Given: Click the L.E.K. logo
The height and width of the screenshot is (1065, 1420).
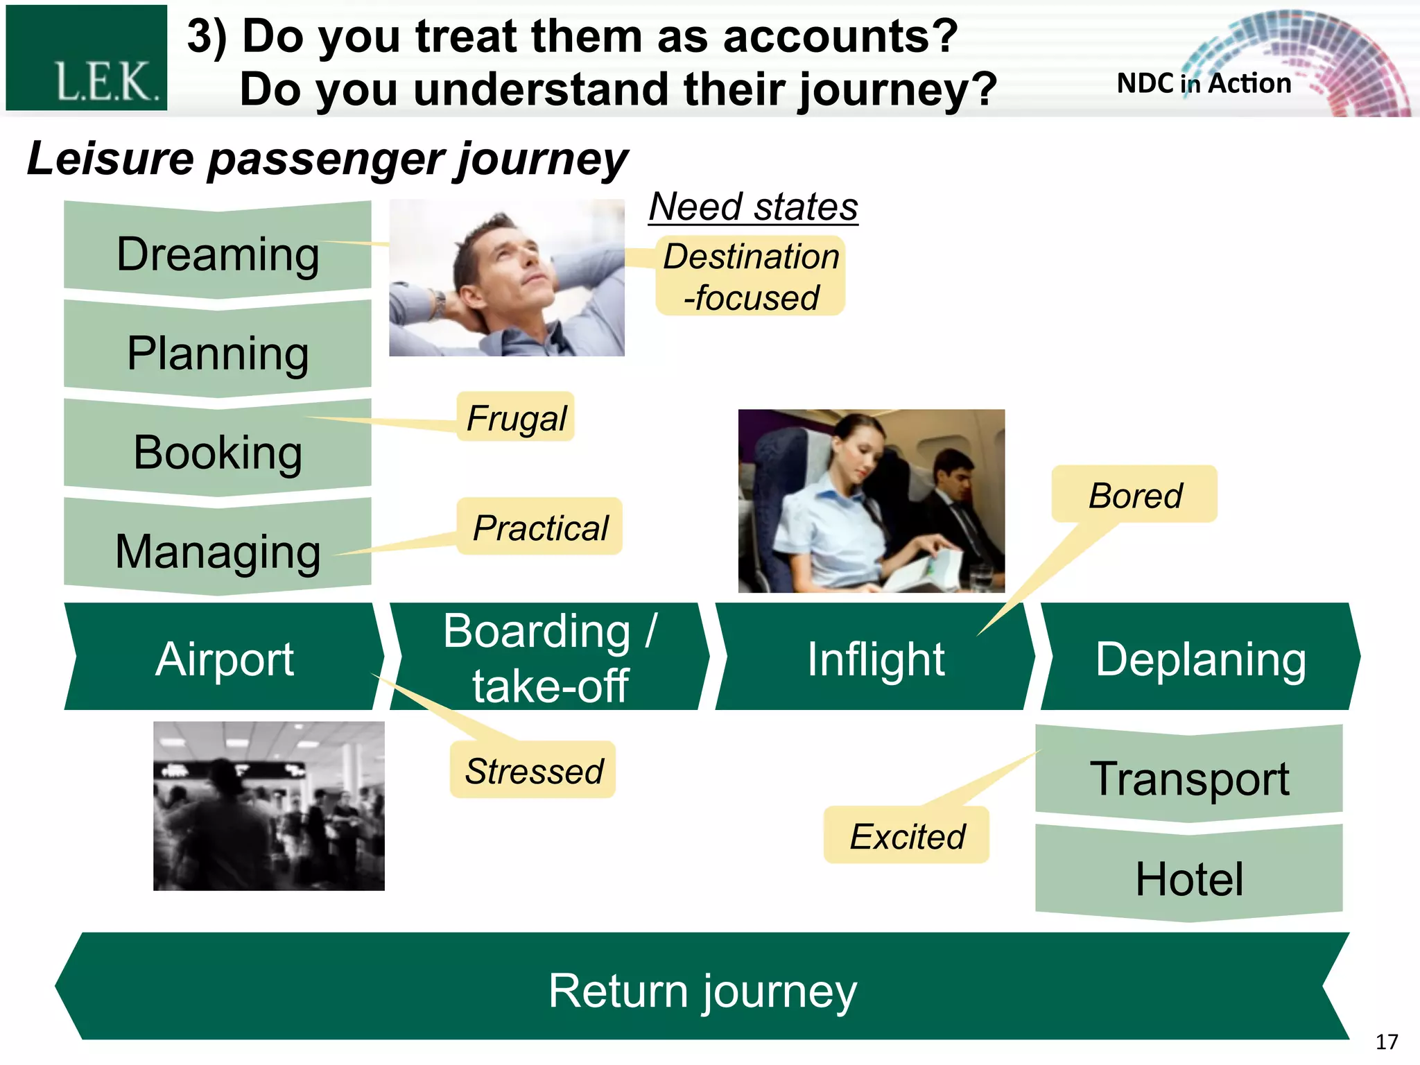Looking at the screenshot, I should coord(87,58).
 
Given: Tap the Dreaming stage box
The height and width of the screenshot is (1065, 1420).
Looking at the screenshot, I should coord(217,253).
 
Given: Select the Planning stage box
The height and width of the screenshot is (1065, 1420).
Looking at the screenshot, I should coord(217,352).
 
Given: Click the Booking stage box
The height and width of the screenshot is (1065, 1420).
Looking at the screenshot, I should coord(217,451).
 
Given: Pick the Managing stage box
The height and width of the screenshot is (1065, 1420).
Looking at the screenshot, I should coord(217,551).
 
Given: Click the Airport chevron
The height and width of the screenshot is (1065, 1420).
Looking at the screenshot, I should coord(224,657).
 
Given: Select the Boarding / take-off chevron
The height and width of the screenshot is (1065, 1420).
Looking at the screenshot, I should coord(549,657).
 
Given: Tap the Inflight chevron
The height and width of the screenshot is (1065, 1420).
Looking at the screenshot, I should coord(875,657).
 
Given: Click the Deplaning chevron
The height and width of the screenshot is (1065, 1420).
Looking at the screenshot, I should coord(1200,657).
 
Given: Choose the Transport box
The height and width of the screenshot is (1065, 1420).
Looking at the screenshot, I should coord(1189,777).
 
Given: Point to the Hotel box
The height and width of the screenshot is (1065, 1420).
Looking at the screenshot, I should coord(1189,878).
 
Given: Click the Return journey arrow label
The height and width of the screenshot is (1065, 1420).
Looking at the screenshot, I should coord(702,989).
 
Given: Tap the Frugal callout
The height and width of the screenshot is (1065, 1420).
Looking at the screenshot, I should coord(516,417).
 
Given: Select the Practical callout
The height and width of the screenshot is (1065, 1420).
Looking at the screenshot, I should coord(539,527).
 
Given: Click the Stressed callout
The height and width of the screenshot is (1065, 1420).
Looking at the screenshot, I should coord(532,770).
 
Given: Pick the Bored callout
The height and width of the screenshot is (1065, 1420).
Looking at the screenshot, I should coord(1134,494).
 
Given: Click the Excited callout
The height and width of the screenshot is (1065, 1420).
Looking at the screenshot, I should coord(906,835).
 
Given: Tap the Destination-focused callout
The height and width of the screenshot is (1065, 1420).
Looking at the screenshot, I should coord(750,276).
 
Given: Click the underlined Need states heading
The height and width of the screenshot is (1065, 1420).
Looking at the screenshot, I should coord(753,207).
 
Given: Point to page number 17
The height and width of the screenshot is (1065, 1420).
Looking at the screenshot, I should coord(1386,1041).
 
